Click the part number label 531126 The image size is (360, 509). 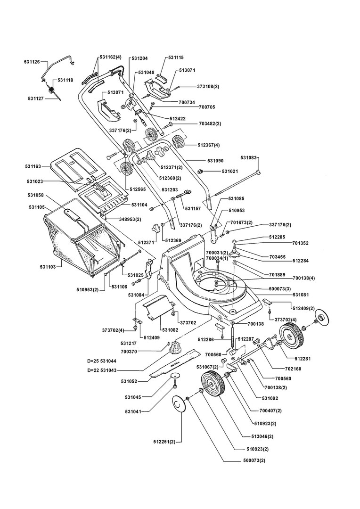tap(32, 61)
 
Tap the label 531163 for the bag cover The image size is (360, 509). tap(33, 166)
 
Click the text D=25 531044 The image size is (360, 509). tap(102, 361)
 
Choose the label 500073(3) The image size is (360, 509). tap(279, 288)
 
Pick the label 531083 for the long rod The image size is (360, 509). tap(248, 158)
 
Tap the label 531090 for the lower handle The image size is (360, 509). tap(215, 161)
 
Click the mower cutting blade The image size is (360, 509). tap(175, 363)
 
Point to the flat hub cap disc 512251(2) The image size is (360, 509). tap(178, 404)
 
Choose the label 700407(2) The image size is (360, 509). tap(270, 410)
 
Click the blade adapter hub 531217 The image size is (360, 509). tap(175, 347)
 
